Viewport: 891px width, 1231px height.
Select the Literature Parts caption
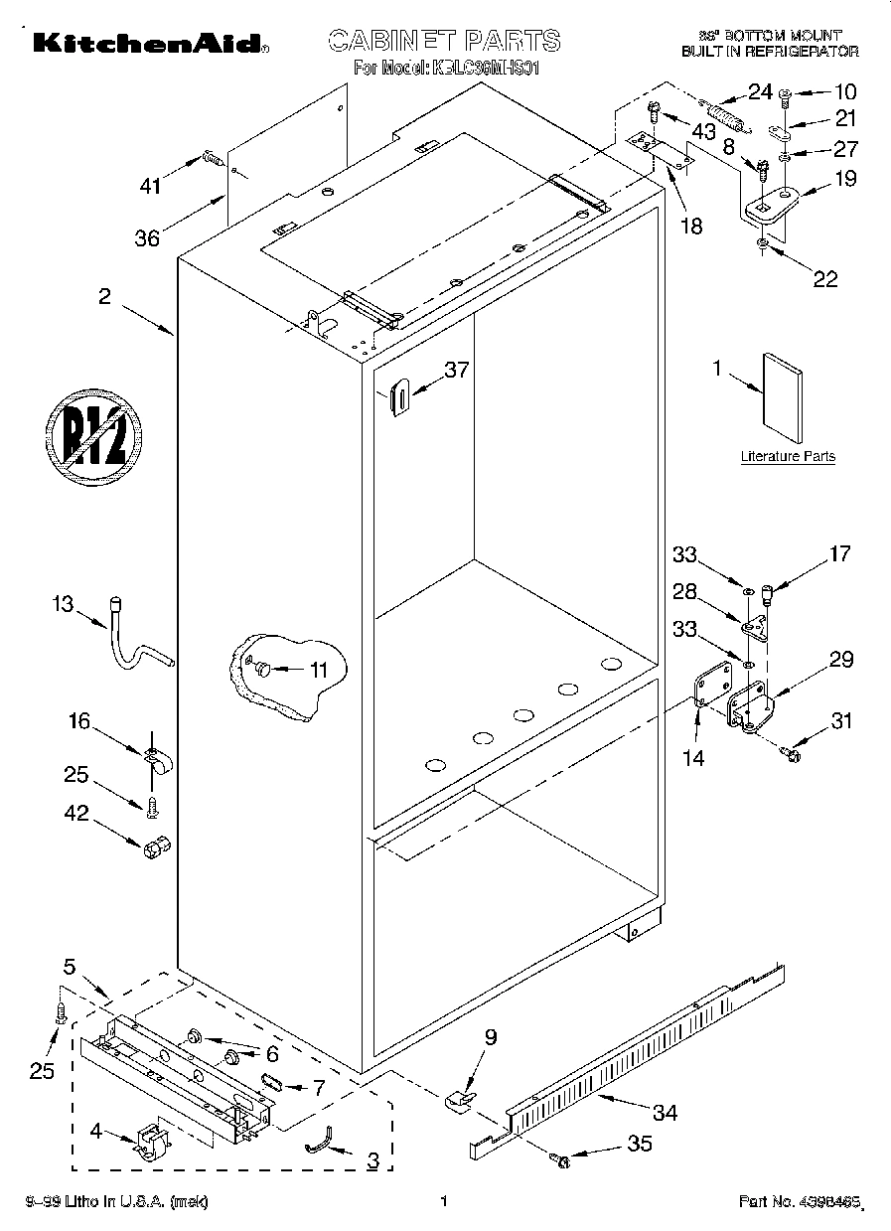coord(788,457)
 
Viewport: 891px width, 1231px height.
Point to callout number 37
coord(456,370)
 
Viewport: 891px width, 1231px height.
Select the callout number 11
coord(318,670)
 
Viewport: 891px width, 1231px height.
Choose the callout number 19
coord(844,180)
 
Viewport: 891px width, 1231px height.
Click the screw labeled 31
coord(793,755)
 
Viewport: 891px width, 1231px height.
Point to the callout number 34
coord(664,1113)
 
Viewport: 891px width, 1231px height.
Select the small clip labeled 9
coord(458,1098)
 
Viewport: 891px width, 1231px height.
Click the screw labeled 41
coord(212,156)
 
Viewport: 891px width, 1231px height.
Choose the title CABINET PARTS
coord(443,41)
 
